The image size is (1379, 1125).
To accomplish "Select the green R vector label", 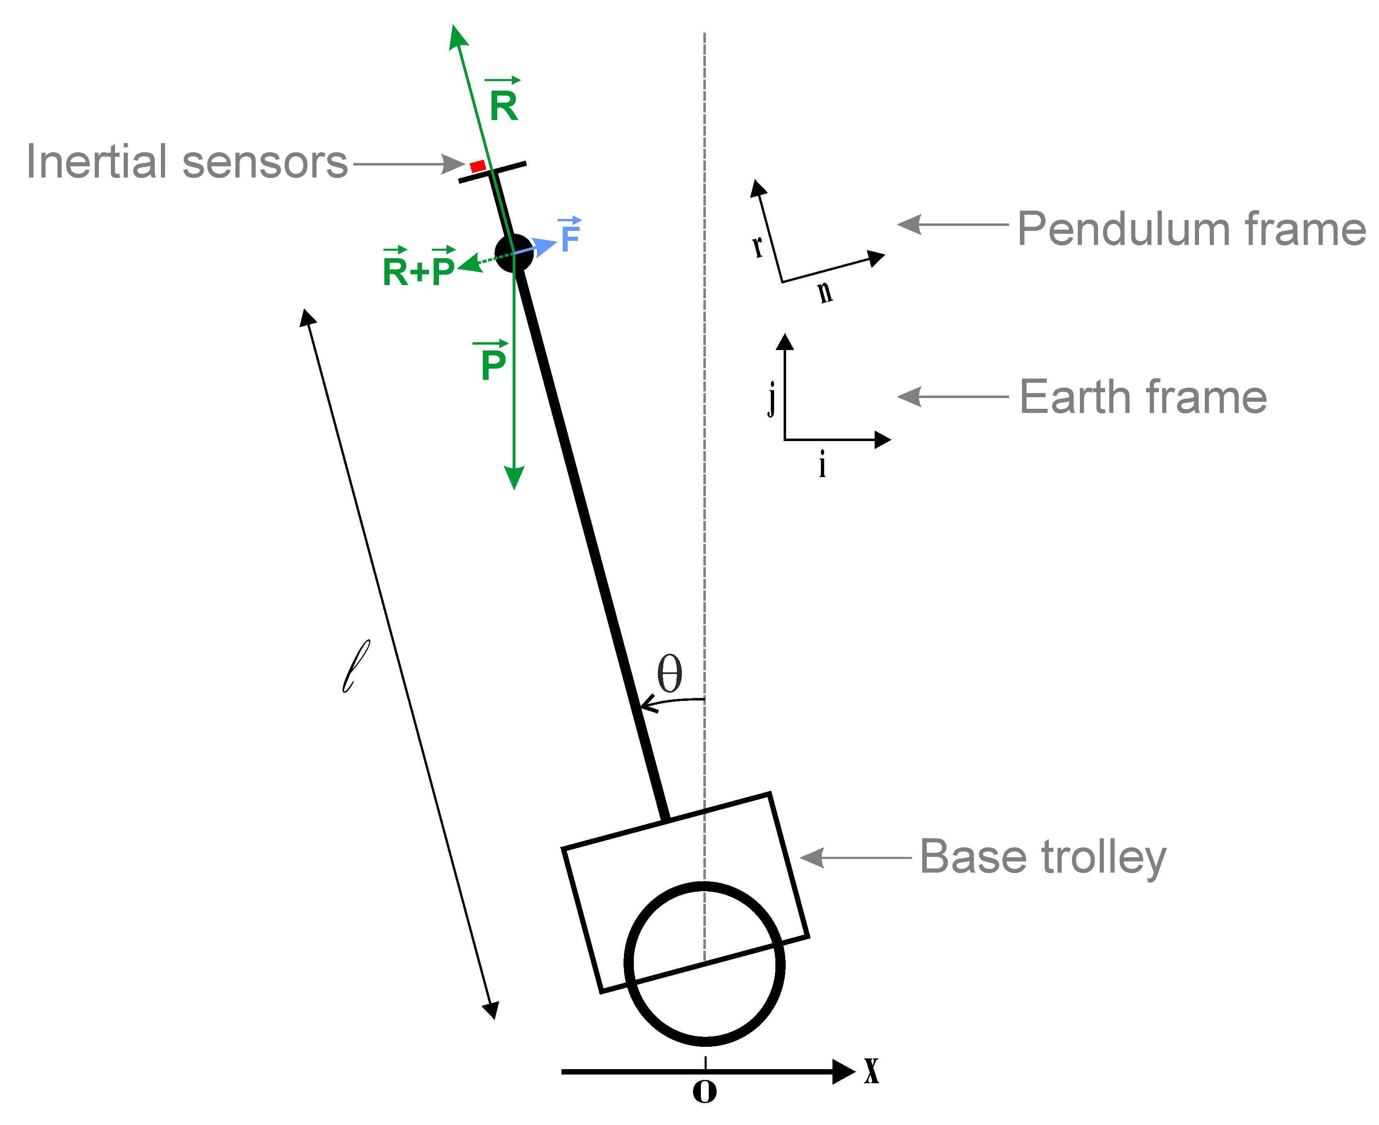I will pos(504,105).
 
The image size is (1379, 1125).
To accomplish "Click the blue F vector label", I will pos(570,237).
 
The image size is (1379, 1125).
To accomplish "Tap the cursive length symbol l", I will pos(356,666).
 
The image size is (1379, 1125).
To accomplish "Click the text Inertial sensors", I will pos(187,162).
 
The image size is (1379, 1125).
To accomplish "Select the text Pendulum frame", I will pos(1191,229).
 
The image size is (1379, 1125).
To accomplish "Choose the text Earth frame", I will pos(1142,397).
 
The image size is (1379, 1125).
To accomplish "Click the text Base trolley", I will pos(1043,857).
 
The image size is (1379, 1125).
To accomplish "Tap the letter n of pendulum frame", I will pos(824,292).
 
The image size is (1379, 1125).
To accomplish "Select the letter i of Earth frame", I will pos(823,464).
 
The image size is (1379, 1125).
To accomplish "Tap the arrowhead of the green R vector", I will pos(458,36).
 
